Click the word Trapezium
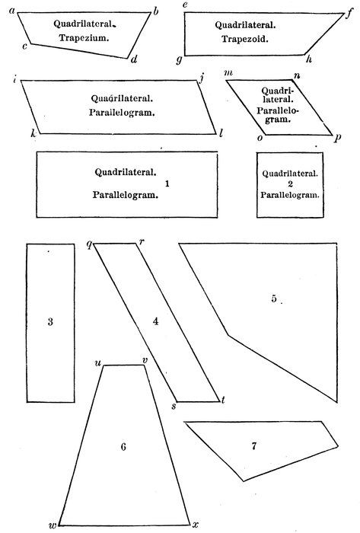tap(84, 38)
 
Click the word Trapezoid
tap(245, 39)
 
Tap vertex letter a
tap(12, 11)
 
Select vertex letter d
tap(134, 60)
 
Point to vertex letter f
tap(349, 15)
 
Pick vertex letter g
tap(179, 60)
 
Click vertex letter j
tap(202, 79)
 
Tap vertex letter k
tap(33, 133)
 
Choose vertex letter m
tap(228, 73)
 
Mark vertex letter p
tap(337, 138)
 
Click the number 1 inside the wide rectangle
tap(167, 184)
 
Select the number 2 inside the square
tap(290, 184)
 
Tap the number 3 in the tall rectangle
tap(50, 321)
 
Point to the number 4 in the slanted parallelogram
tap(155, 321)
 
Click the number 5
tap(274, 298)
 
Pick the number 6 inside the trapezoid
tap(123, 446)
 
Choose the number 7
tap(254, 445)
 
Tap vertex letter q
tap(89, 245)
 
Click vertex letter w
tap(53, 525)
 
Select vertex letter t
tap(223, 400)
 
